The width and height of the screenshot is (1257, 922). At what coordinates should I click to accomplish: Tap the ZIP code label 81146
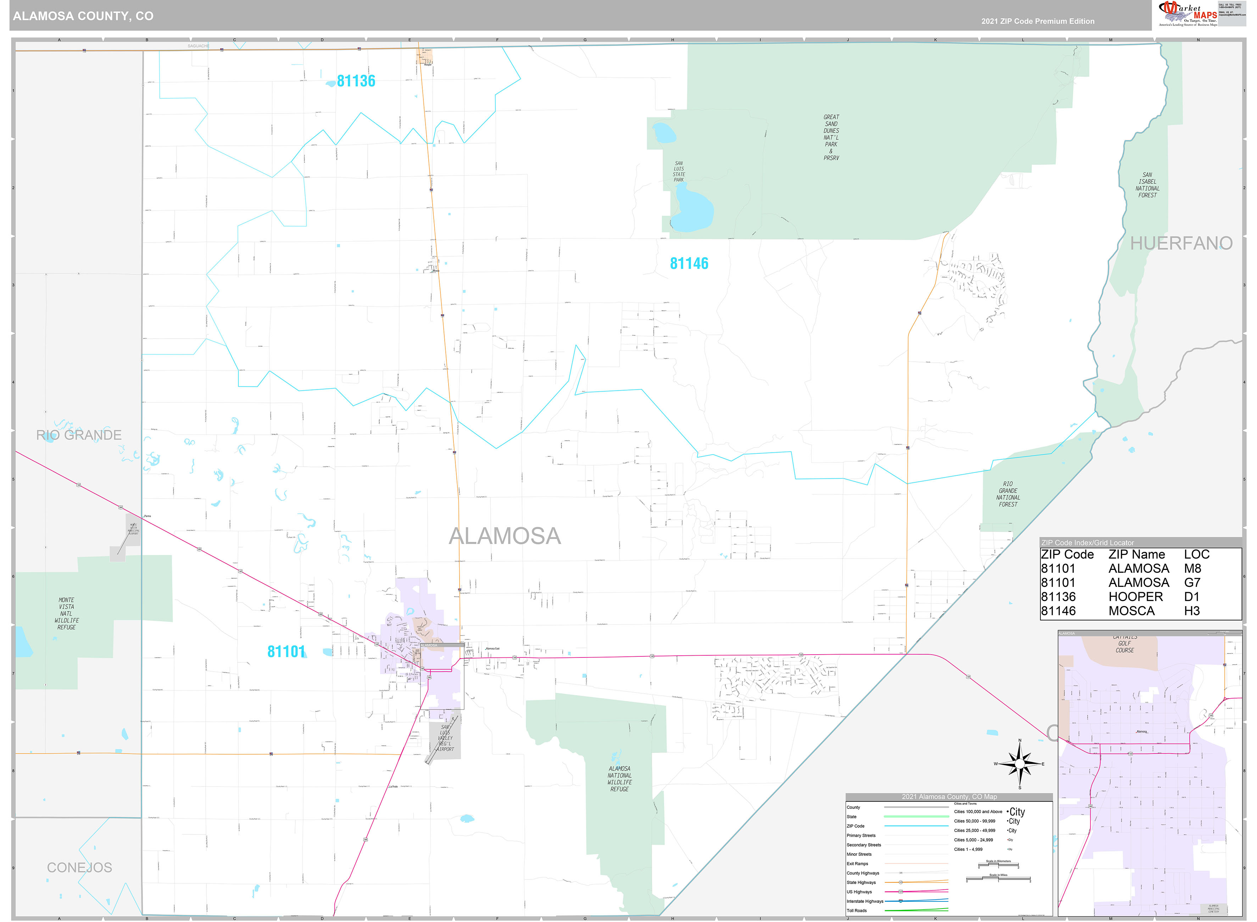[x=689, y=263]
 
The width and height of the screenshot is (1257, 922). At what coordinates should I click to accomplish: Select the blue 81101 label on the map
[x=286, y=651]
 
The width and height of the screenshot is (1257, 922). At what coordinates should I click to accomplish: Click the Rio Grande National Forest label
[x=1008, y=494]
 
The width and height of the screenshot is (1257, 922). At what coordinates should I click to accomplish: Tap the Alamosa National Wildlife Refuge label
[x=619, y=779]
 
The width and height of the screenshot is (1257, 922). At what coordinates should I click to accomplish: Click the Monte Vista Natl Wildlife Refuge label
[x=66, y=613]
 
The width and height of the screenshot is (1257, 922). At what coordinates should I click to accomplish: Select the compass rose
[x=1019, y=763]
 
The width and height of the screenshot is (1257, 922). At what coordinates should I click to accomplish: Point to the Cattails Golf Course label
[x=1125, y=644]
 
